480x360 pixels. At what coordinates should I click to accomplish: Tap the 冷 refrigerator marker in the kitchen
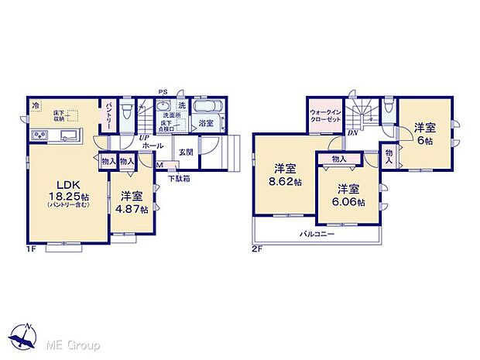35,104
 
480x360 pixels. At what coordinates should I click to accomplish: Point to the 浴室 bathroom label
206,123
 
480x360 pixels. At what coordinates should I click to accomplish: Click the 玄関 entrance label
186,152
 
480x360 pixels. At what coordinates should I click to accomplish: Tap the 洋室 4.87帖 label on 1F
129,203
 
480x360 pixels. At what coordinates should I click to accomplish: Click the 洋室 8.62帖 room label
285,174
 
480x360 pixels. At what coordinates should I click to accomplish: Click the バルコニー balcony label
317,233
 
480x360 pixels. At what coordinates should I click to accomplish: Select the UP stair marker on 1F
144,138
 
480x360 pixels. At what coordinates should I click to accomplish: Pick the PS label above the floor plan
163,91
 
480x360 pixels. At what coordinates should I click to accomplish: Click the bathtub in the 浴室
207,106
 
